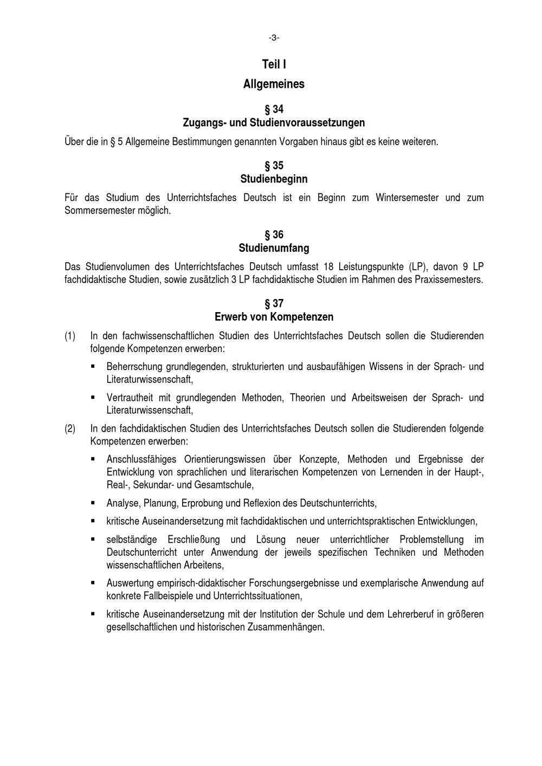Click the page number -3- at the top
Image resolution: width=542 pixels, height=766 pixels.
[274, 37]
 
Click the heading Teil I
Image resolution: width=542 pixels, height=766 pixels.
[274, 64]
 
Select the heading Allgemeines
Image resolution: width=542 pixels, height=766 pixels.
[274, 84]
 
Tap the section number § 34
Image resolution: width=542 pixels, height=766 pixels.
[274, 109]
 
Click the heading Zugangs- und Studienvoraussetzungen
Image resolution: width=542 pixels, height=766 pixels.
[274, 122]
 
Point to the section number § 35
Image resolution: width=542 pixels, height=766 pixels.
[274, 166]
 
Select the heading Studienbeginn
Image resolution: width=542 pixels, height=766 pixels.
[274, 179]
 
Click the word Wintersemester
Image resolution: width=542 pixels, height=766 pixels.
[407, 198]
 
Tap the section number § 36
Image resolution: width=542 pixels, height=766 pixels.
[274, 235]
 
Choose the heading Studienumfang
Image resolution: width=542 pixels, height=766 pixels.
[274, 248]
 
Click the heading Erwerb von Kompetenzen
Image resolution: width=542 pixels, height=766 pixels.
[274, 316]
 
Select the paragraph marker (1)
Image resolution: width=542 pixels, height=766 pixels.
[70, 336]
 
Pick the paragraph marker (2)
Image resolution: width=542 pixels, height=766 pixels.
[70, 429]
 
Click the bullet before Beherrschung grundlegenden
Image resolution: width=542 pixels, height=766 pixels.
[93, 366]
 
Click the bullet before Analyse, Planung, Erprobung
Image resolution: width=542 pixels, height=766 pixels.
[93, 503]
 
